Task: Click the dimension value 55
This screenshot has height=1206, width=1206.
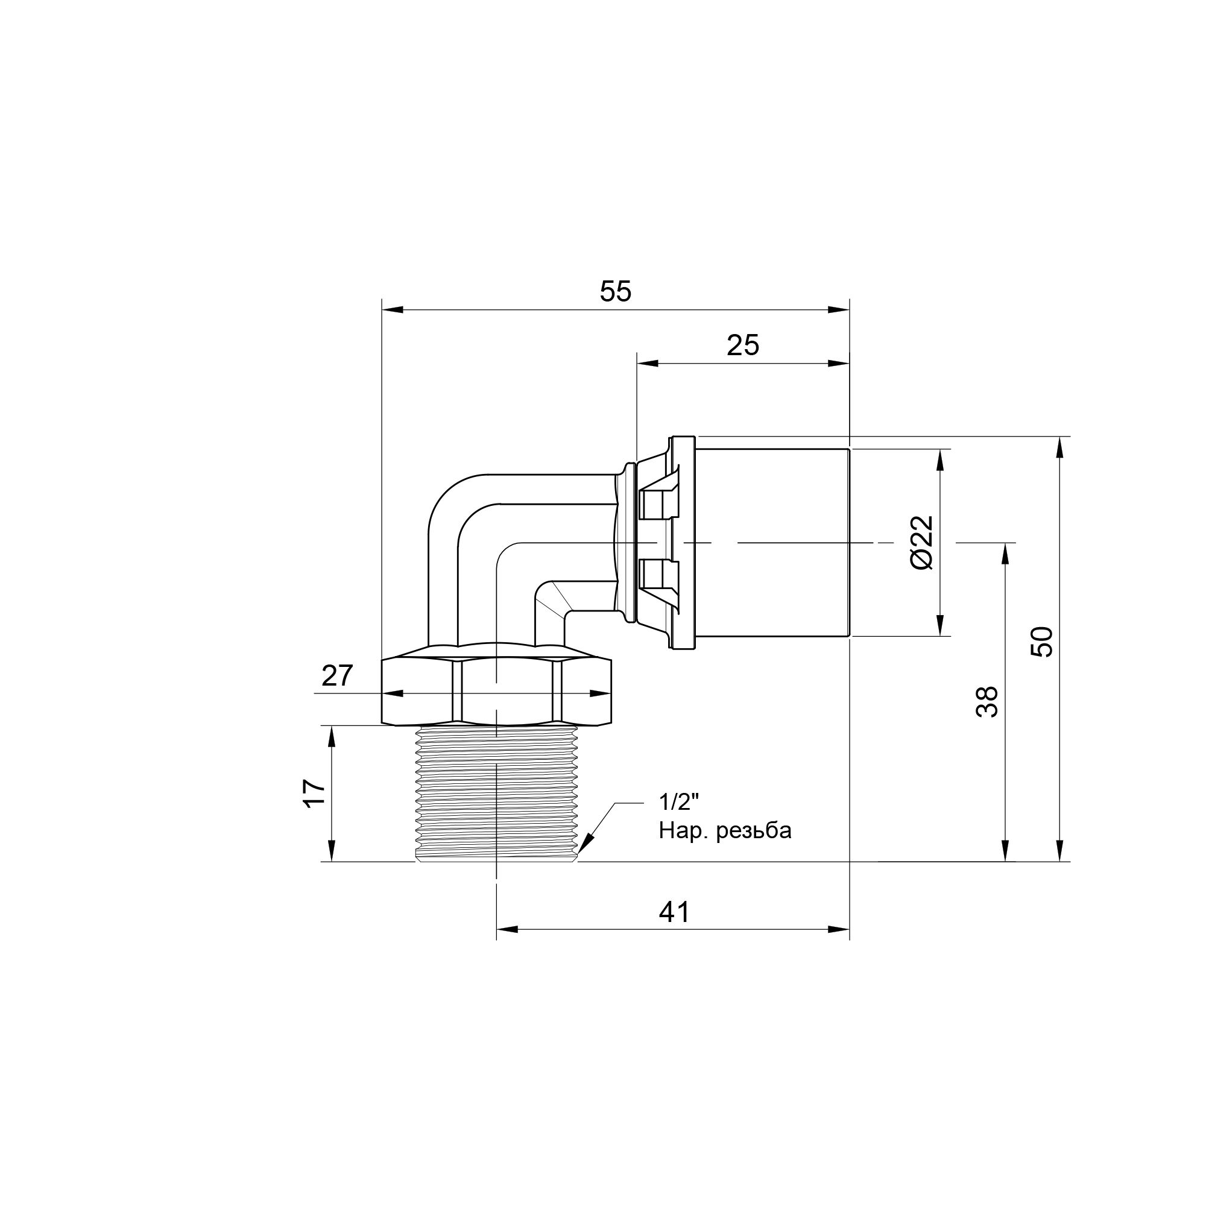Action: pos(616,291)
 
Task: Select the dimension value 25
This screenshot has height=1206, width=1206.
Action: pos(743,345)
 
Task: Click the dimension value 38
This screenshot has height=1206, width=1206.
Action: pos(987,702)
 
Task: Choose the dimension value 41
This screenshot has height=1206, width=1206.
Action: pos(674,912)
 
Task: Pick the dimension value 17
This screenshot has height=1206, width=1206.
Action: pos(315,794)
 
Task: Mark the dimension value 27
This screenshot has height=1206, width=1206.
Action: pos(337,676)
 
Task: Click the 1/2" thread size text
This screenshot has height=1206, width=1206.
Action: pos(679,802)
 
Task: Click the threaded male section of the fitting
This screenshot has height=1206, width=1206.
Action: pos(496,793)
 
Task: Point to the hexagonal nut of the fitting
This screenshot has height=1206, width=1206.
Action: pos(496,692)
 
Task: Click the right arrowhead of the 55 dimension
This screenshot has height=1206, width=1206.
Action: pos(839,310)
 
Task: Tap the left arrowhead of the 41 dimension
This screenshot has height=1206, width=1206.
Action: pos(507,947)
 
